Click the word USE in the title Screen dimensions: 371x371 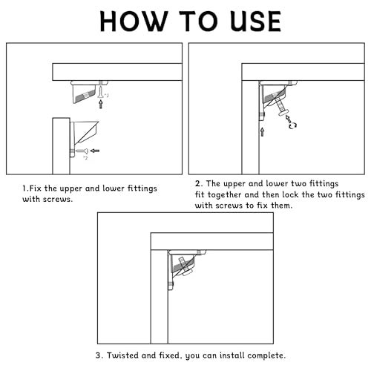(x=255, y=22)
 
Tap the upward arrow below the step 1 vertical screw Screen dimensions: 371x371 (x=101, y=104)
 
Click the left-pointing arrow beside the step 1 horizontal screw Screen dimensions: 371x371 (x=95, y=151)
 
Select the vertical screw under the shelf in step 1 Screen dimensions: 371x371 (x=101, y=91)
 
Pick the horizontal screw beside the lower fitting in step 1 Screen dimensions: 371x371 (x=82, y=151)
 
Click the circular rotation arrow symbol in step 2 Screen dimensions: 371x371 (x=293, y=125)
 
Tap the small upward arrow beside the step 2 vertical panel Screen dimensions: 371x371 (x=262, y=132)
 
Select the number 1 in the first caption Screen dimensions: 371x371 (x=24, y=188)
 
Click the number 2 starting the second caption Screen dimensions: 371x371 (x=197, y=184)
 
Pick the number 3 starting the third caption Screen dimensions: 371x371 (x=98, y=355)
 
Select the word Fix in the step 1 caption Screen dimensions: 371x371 (x=36, y=188)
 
